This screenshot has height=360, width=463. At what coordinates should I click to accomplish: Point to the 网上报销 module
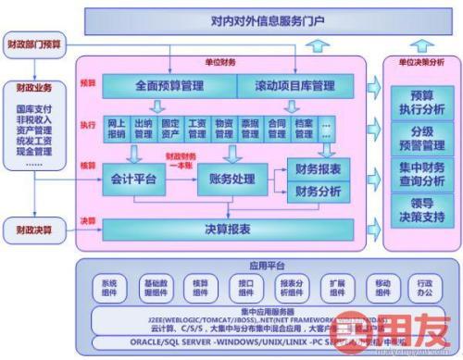116,128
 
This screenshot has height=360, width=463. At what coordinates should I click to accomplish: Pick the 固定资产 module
169,128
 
